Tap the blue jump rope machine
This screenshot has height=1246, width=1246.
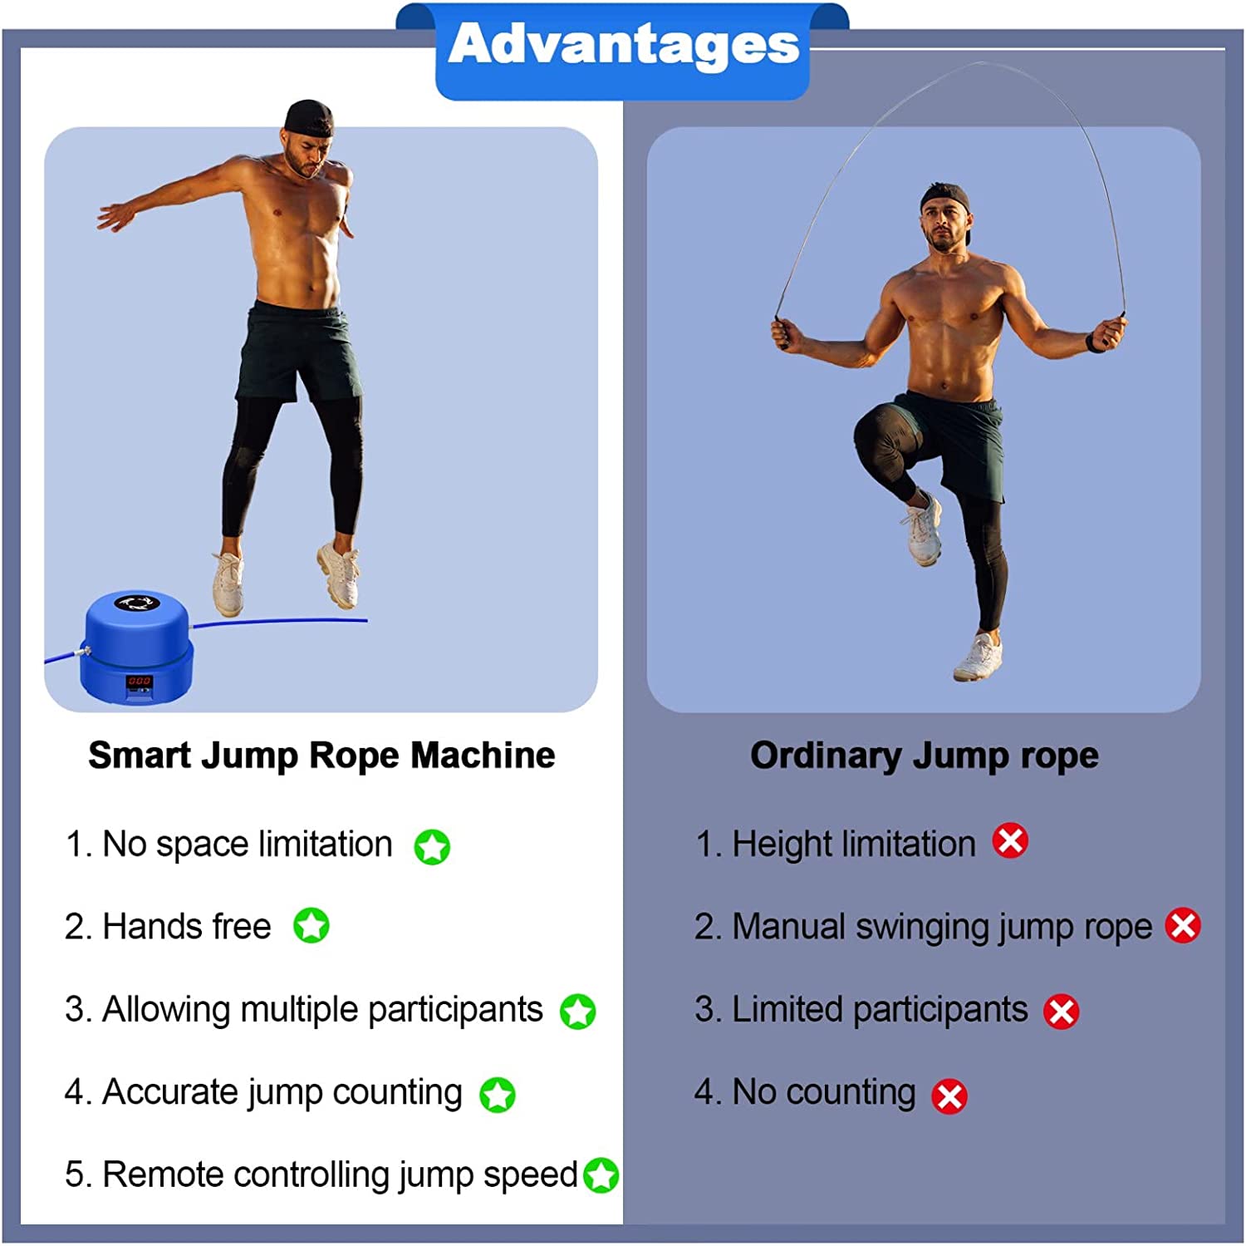(x=137, y=646)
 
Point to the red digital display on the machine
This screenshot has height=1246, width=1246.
(x=139, y=681)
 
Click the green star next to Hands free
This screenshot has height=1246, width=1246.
(x=311, y=925)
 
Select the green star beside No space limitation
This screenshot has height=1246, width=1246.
(x=432, y=847)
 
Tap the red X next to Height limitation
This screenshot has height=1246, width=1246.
(x=1010, y=840)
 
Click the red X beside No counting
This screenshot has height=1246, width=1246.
(x=949, y=1096)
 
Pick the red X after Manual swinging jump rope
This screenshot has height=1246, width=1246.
(x=1183, y=925)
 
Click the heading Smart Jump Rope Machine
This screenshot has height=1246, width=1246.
(x=321, y=756)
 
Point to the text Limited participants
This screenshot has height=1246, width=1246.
(x=880, y=1010)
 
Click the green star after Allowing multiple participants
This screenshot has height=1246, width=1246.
(x=577, y=1012)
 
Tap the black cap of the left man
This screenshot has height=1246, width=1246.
(x=309, y=118)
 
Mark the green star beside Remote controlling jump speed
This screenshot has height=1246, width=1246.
(x=601, y=1175)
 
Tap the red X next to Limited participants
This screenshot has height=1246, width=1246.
(x=1061, y=1012)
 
